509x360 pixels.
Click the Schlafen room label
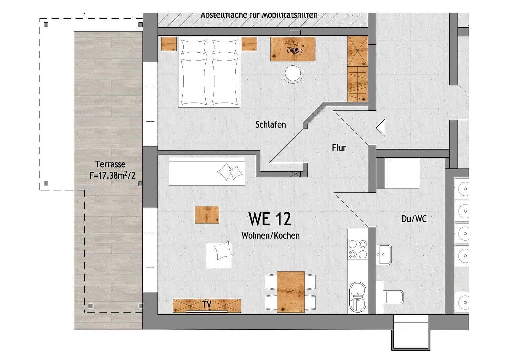point(270,125)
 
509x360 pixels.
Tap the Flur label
point(339,148)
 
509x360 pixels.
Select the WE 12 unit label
point(269,219)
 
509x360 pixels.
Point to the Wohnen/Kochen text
point(270,236)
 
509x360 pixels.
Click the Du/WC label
point(414,219)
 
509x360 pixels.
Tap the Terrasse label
point(110,164)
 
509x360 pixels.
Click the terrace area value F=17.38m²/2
point(112,175)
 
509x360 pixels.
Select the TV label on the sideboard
point(207,304)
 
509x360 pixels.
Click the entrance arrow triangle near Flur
point(381,128)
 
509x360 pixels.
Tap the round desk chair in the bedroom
point(293,73)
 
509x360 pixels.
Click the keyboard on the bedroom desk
point(294,50)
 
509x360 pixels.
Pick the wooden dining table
point(291,292)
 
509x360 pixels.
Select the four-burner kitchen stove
point(357,249)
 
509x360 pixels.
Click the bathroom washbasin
point(385,254)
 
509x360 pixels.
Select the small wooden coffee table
point(207,215)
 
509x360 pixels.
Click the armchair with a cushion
point(219,255)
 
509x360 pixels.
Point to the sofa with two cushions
point(207,172)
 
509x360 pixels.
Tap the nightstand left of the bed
point(169,44)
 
